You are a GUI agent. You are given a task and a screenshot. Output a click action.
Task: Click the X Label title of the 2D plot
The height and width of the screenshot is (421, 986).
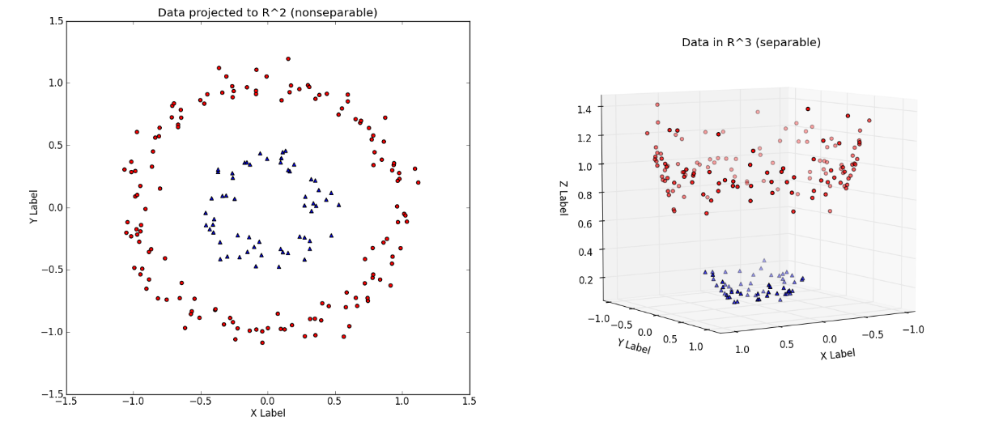click(x=267, y=413)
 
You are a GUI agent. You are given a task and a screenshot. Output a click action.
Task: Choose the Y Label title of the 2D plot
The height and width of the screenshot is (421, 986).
click(x=34, y=207)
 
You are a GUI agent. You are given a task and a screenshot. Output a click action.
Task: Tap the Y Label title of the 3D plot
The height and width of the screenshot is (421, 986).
click(x=634, y=346)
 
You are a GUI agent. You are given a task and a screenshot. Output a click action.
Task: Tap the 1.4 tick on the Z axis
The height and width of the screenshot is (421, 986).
click(x=584, y=108)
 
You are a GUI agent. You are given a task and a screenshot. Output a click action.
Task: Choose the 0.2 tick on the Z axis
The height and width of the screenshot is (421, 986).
click(x=584, y=279)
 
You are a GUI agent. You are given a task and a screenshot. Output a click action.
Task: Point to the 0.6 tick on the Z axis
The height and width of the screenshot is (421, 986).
click(x=584, y=223)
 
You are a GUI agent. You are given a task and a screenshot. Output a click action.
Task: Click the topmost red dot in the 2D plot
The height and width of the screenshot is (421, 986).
click(x=287, y=58)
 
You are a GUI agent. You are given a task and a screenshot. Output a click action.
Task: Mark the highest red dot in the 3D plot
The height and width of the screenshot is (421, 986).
click(x=657, y=104)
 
